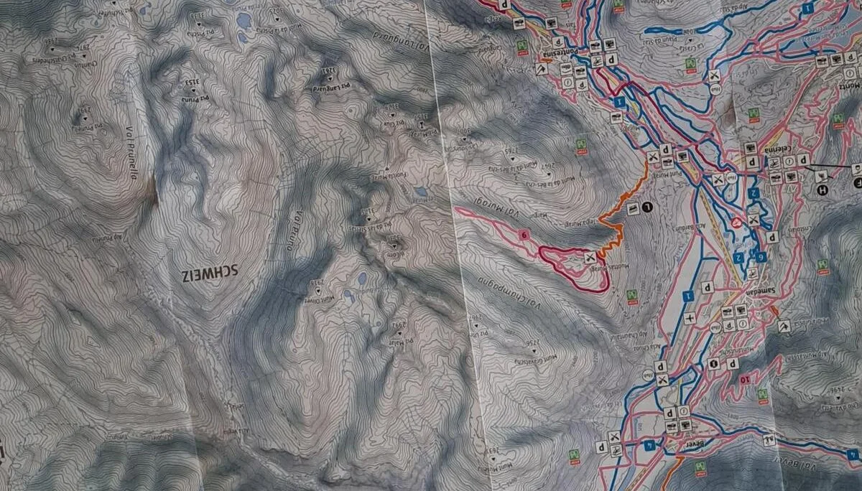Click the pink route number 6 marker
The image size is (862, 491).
(524, 234)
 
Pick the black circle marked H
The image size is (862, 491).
(822, 190)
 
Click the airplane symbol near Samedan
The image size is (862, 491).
(691, 318)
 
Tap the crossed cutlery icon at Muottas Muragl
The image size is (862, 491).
(590, 257)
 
